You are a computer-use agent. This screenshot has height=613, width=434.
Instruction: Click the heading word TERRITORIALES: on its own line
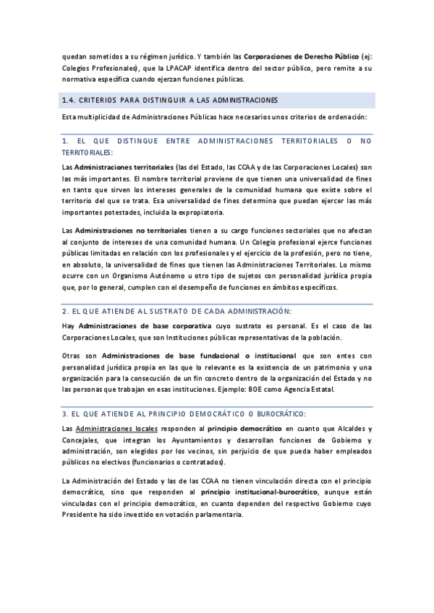(88, 153)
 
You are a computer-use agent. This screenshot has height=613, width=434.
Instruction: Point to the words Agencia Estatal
(315, 389)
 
